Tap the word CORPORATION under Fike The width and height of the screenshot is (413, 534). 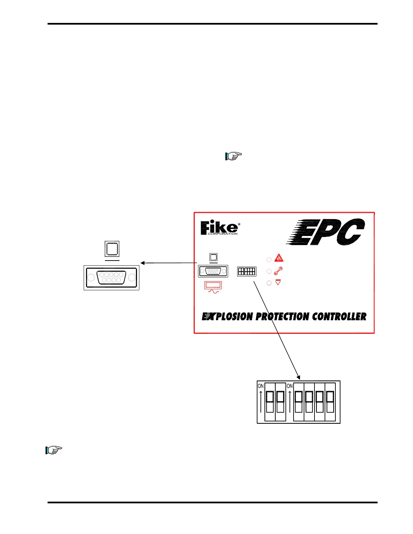(222, 234)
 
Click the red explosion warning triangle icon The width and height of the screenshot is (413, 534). (279, 258)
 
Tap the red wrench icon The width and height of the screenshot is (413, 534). (278, 271)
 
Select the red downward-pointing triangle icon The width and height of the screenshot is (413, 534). (278, 283)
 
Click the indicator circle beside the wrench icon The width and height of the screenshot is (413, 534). (269, 271)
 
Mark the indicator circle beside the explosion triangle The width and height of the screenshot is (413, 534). (269, 260)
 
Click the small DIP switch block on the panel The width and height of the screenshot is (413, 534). (247, 271)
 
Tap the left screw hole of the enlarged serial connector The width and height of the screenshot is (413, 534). (91, 277)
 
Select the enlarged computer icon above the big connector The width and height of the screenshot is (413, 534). (112, 249)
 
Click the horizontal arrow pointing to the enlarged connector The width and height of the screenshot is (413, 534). (169, 263)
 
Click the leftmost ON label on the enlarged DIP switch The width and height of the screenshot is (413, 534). (260, 386)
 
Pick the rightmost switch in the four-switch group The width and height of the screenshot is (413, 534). (330, 402)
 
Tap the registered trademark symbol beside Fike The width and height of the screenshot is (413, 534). (239, 224)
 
